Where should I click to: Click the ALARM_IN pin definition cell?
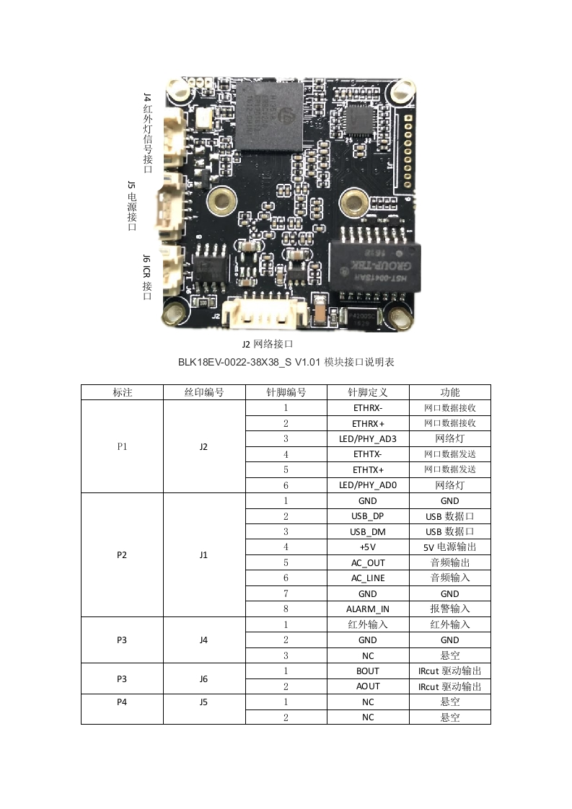[x=368, y=609]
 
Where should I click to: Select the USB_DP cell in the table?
[x=368, y=516]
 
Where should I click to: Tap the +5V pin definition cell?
[x=368, y=547]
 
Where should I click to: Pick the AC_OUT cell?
[x=368, y=562]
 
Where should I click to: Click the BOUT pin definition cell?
[x=368, y=671]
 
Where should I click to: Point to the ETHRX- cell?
[x=368, y=407]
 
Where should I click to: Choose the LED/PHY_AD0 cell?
[x=368, y=485]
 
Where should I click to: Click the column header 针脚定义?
[x=368, y=392]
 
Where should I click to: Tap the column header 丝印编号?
[x=204, y=392]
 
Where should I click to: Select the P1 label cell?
[x=122, y=446]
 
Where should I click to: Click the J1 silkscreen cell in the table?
[x=204, y=554]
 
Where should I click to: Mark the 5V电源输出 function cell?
[x=450, y=547]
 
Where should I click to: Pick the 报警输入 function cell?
[x=450, y=609]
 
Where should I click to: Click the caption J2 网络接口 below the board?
[x=267, y=344]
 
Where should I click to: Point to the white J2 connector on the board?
[x=256, y=312]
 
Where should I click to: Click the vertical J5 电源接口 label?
[x=131, y=205]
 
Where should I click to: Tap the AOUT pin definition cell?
[x=368, y=686]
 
